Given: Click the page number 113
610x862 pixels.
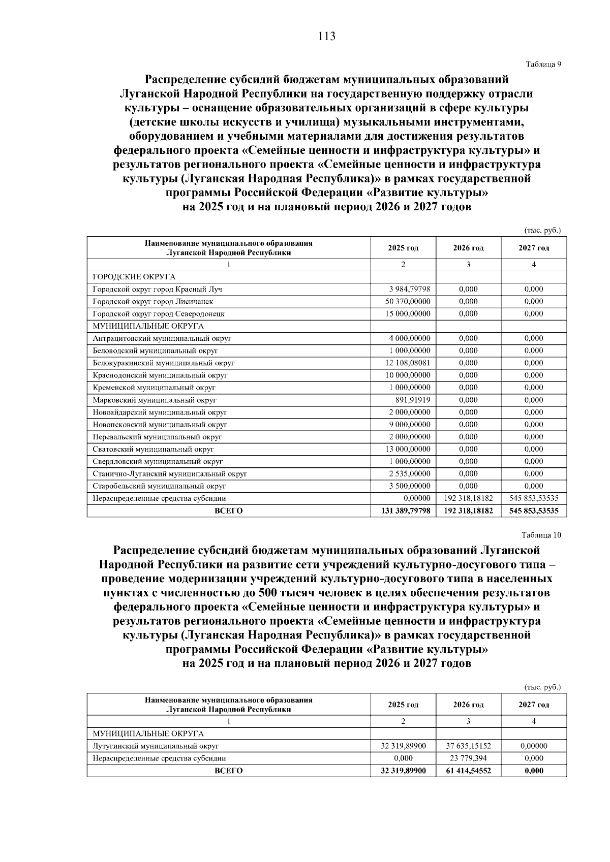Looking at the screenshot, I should tap(327, 36).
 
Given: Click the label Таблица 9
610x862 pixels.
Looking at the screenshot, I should tap(543, 64).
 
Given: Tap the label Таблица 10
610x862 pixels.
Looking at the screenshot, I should tap(541, 535).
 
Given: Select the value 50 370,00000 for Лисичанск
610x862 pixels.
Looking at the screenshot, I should tap(408, 301).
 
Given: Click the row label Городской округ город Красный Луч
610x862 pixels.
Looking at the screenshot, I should tap(157, 289).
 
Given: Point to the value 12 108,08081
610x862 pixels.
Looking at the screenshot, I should tap(408, 363).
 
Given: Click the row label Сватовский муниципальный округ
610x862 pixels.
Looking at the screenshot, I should tap(153, 449).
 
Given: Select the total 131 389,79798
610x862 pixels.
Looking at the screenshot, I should tap(406, 510).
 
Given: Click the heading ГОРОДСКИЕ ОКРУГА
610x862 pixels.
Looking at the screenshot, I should tap(134, 277).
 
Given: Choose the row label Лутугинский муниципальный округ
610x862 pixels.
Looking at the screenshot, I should tap(156, 746).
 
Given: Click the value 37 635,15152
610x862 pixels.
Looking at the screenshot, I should tap(469, 746).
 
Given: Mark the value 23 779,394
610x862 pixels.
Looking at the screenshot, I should tap(469, 758).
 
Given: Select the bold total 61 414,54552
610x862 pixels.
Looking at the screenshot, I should tap(469, 771).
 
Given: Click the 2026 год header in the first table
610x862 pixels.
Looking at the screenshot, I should tap(468, 248).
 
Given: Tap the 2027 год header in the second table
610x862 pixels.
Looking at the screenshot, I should tap(534, 705).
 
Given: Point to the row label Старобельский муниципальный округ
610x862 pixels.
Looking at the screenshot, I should tap(159, 486).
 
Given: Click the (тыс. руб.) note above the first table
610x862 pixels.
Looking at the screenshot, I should tap(542, 230).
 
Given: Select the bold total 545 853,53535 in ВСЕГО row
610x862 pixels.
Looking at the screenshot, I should tap(534, 510).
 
